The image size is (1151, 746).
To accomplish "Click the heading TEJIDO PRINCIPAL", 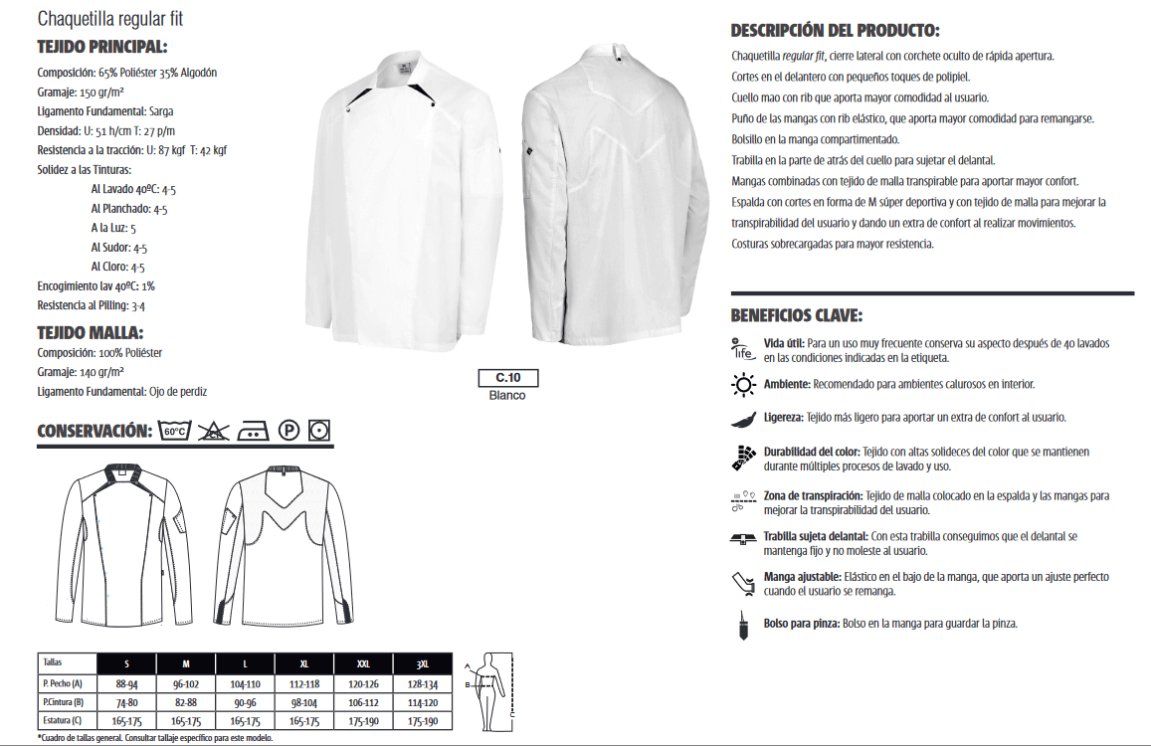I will point(101,47).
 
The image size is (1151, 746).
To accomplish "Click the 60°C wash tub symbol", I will point(174,431).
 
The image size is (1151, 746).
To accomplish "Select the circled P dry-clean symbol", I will point(288,431).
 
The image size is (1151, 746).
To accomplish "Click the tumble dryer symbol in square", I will point(320,431).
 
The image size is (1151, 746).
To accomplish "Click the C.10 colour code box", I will point(507,378).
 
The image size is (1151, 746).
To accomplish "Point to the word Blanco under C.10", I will point(507,396).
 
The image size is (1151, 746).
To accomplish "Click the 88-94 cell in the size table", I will point(126,683).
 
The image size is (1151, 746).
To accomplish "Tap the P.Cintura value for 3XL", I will point(424,703).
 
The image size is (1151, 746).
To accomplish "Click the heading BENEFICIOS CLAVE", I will point(797,316).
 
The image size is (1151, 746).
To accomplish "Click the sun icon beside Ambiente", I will point(743,384).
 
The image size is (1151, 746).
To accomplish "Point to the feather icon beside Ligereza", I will point(742,418).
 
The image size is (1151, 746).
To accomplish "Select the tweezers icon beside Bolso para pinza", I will point(742,624).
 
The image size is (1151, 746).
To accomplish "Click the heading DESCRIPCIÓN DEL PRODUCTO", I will point(835,31).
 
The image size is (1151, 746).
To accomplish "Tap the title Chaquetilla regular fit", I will point(110,19).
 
